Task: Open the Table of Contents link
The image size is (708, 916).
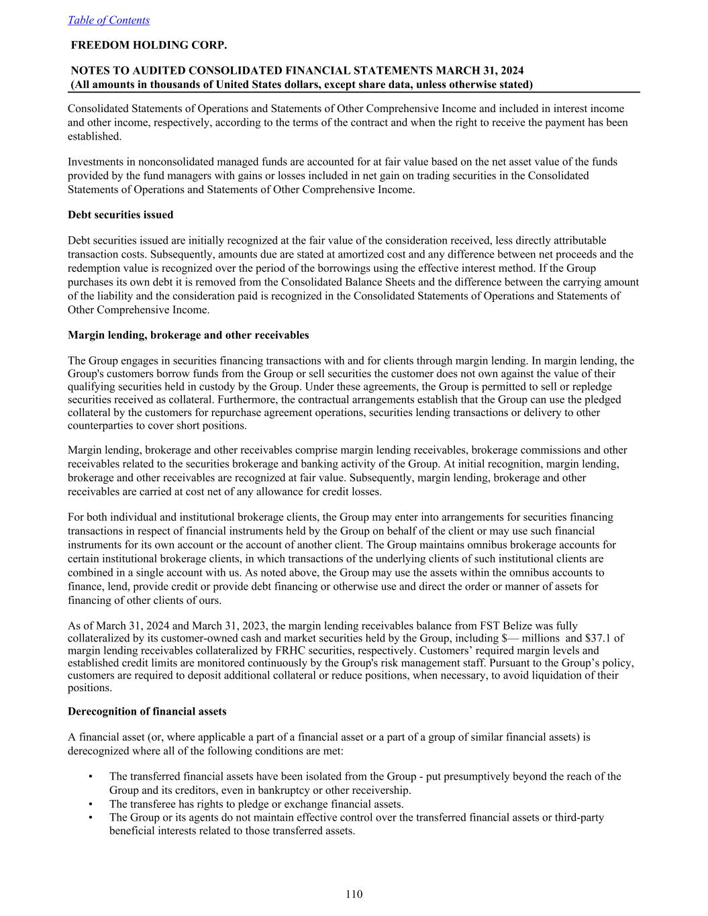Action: [x=109, y=20]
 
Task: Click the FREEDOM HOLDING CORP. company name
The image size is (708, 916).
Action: [x=149, y=45]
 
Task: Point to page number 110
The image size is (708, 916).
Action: [x=354, y=894]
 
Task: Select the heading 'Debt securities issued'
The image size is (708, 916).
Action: [x=121, y=215]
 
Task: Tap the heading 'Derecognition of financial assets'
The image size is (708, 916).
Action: [x=147, y=711]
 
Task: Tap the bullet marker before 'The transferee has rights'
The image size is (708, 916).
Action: [x=90, y=804]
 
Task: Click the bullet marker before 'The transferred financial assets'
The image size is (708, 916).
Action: [x=90, y=776]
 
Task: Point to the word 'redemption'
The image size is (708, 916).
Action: [x=94, y=268]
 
